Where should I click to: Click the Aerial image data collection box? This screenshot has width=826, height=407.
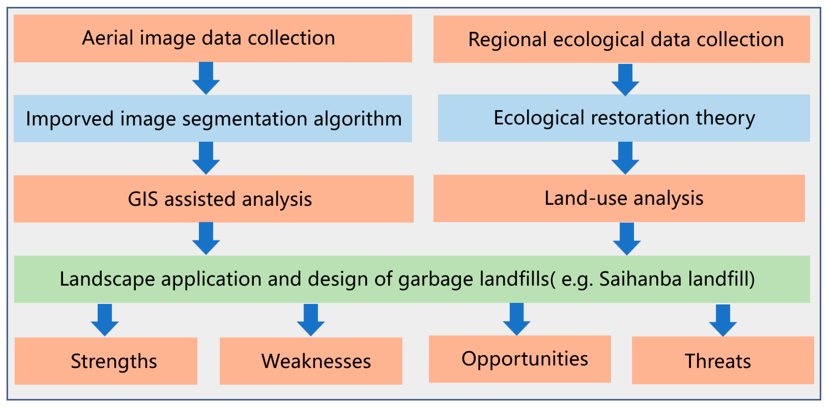[212, 38]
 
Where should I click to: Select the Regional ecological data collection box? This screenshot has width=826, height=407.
[621, 39]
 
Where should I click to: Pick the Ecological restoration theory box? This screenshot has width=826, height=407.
[624, 118]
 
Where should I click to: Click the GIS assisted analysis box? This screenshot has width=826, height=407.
[213, 199]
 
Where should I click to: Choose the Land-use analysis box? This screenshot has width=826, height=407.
[619, 198]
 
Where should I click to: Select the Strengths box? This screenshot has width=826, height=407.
[106, 361]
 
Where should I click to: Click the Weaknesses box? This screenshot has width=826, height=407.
[311, 361]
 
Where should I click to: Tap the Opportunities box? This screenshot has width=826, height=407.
[520, 359]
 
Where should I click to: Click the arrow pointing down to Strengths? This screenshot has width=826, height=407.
[105, 320]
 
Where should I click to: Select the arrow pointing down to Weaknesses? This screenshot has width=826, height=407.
[311, 320]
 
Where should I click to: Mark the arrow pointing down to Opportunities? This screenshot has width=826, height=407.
[517, 319]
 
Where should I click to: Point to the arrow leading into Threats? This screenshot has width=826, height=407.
[723, 320]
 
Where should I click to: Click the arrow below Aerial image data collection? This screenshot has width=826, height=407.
[206, 78]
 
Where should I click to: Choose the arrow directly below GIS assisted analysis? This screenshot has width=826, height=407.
[206, 238]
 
